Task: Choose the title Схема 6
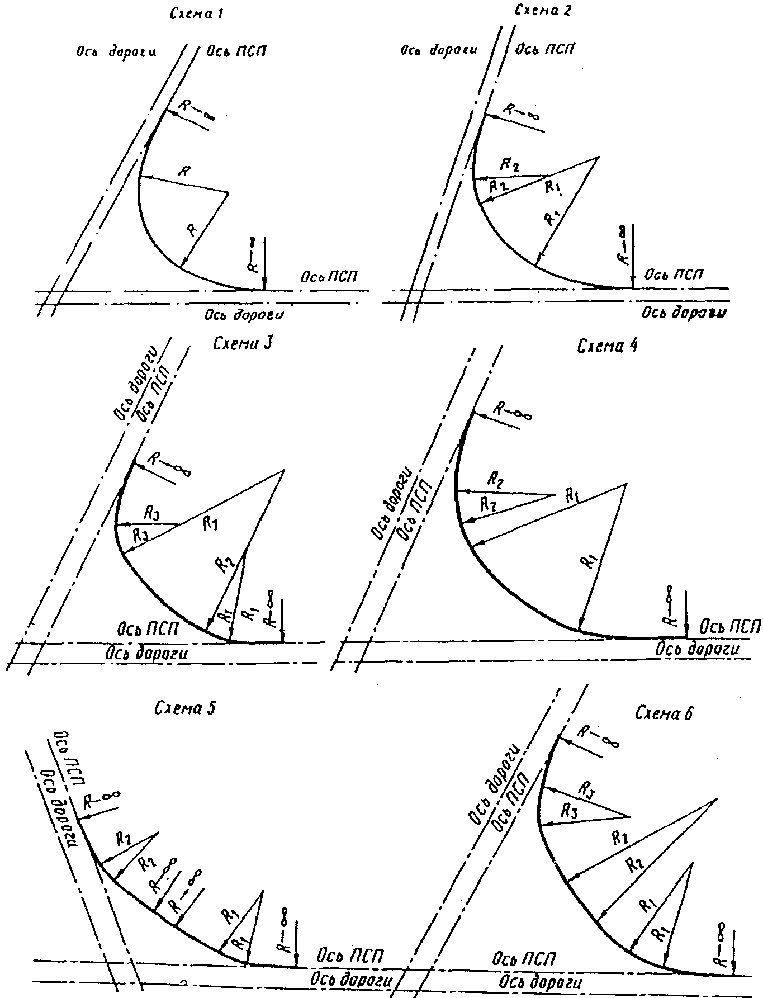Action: [x=664, y=713]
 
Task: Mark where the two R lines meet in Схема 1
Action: [x=229, y=193]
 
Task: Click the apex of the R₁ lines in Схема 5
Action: [x=262, y=891]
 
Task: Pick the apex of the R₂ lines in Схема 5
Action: [x=159, y=833]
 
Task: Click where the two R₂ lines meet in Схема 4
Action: [x=554, y=495]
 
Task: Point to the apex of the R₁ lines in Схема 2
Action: [x=598, y=157]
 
